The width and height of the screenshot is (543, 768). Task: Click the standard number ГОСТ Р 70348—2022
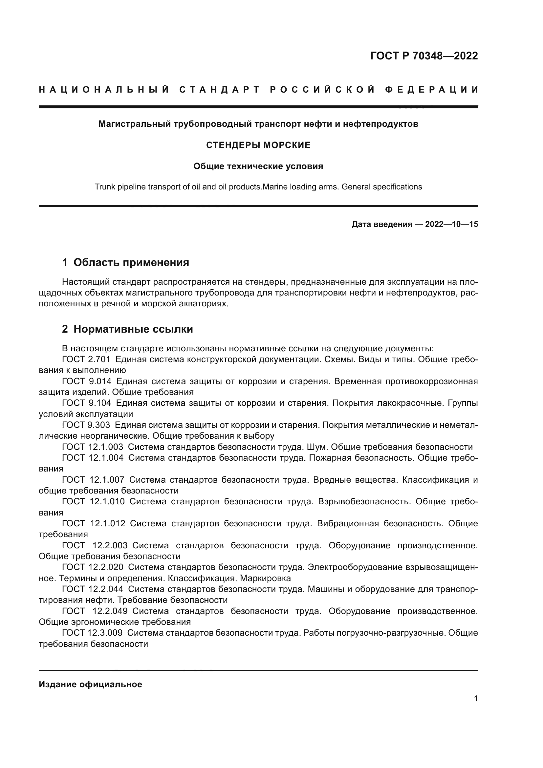[424, 56]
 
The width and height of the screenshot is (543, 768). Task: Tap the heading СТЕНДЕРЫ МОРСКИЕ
[258, 145]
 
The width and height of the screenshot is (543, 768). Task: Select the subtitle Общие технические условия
[258, 166]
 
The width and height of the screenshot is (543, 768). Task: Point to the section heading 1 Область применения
[126, 263]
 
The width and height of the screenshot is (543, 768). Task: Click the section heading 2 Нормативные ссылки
[127, 329]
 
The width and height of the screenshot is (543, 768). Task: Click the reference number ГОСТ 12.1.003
[93, 447]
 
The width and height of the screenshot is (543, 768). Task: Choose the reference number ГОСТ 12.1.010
[93, 501]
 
